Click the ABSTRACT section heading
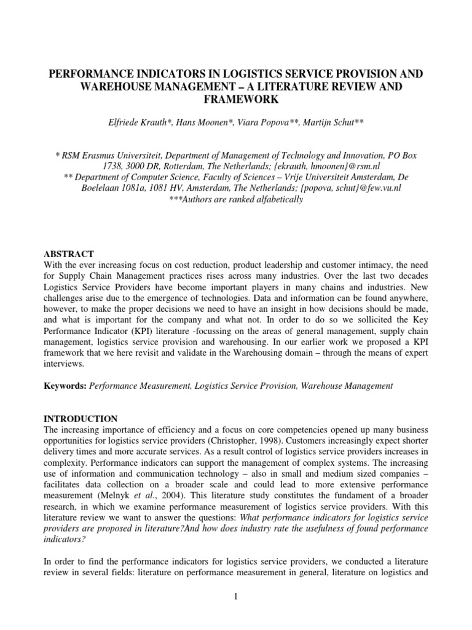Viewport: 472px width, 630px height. [68, 253]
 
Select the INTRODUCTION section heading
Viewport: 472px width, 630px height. [80, 418]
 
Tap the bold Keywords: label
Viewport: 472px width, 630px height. [66, 386]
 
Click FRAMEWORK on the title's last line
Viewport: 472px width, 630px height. [236, 99]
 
